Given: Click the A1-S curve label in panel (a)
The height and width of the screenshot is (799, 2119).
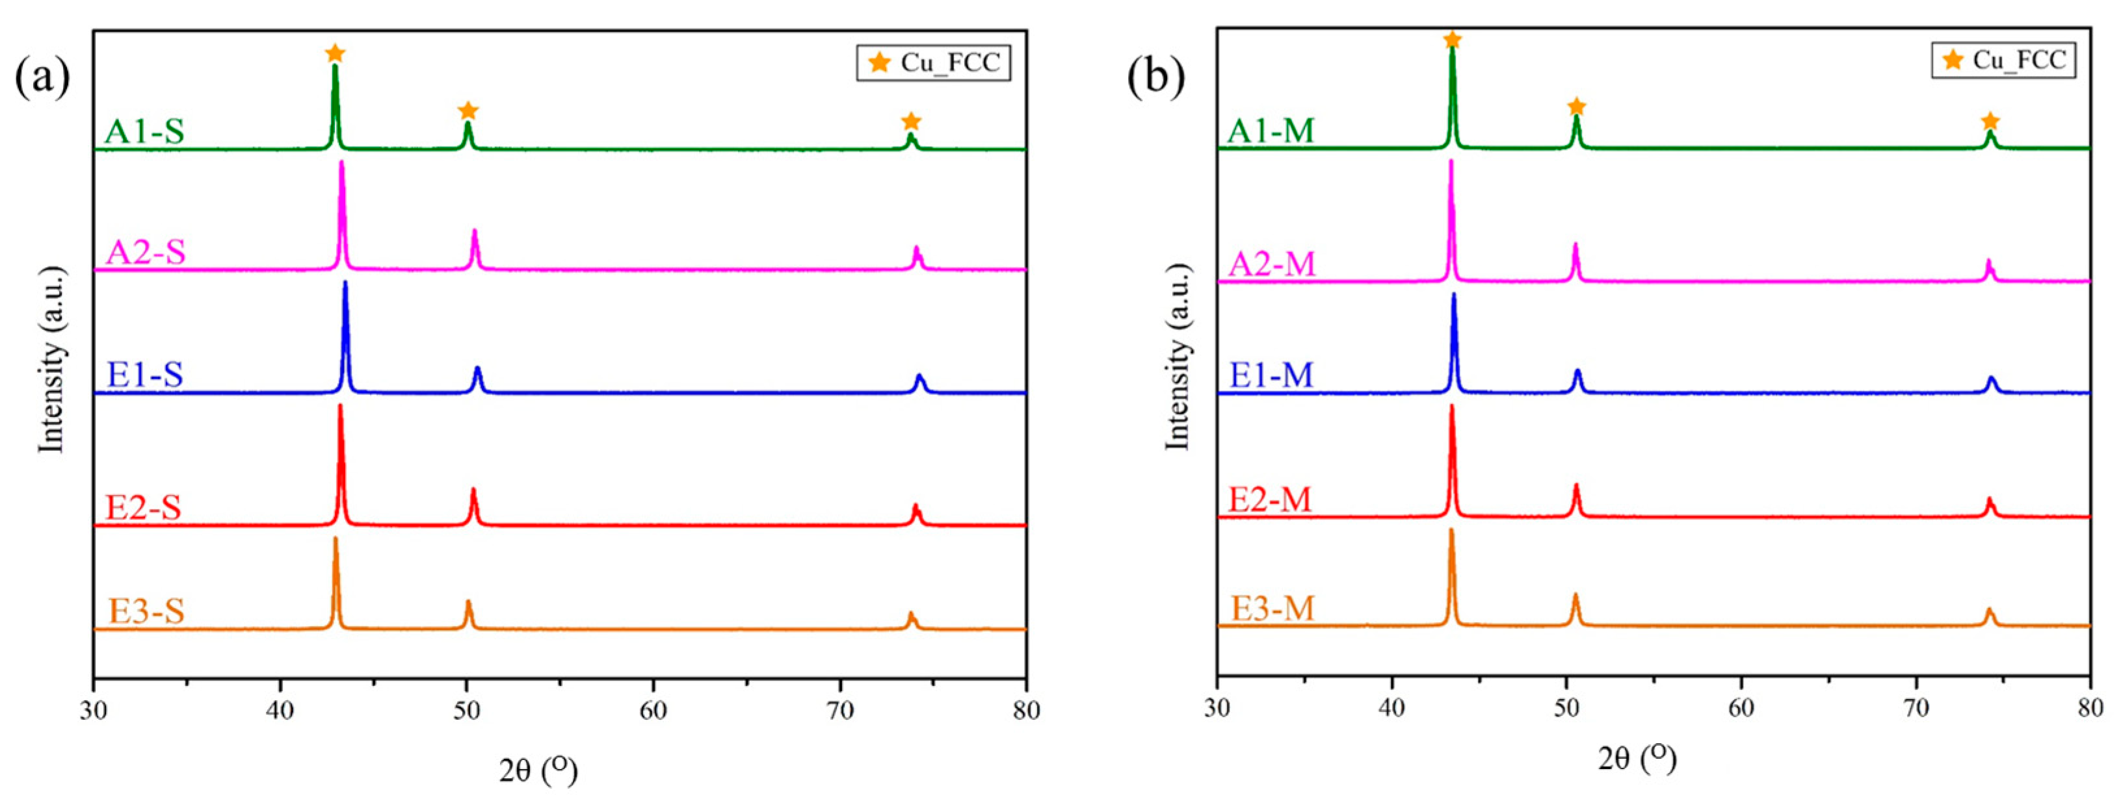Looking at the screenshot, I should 145,131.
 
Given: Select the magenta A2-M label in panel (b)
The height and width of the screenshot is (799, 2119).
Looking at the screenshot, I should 1272,264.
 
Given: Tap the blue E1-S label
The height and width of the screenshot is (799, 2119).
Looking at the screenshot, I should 145,375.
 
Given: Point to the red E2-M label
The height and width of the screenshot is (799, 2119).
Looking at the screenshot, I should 1269,499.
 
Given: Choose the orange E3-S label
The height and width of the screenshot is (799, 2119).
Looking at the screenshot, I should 146,611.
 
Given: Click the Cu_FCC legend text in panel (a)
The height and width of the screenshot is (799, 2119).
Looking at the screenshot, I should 950,63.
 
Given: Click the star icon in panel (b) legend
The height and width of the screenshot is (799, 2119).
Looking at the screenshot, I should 1953,60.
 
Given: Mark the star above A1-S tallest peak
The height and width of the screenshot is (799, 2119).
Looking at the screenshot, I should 335,55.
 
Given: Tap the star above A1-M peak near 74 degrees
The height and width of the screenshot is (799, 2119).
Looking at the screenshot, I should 1989,121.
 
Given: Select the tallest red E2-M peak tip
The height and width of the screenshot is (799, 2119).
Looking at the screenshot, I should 1451,407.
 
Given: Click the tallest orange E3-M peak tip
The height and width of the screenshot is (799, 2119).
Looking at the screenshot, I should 1451,531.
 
